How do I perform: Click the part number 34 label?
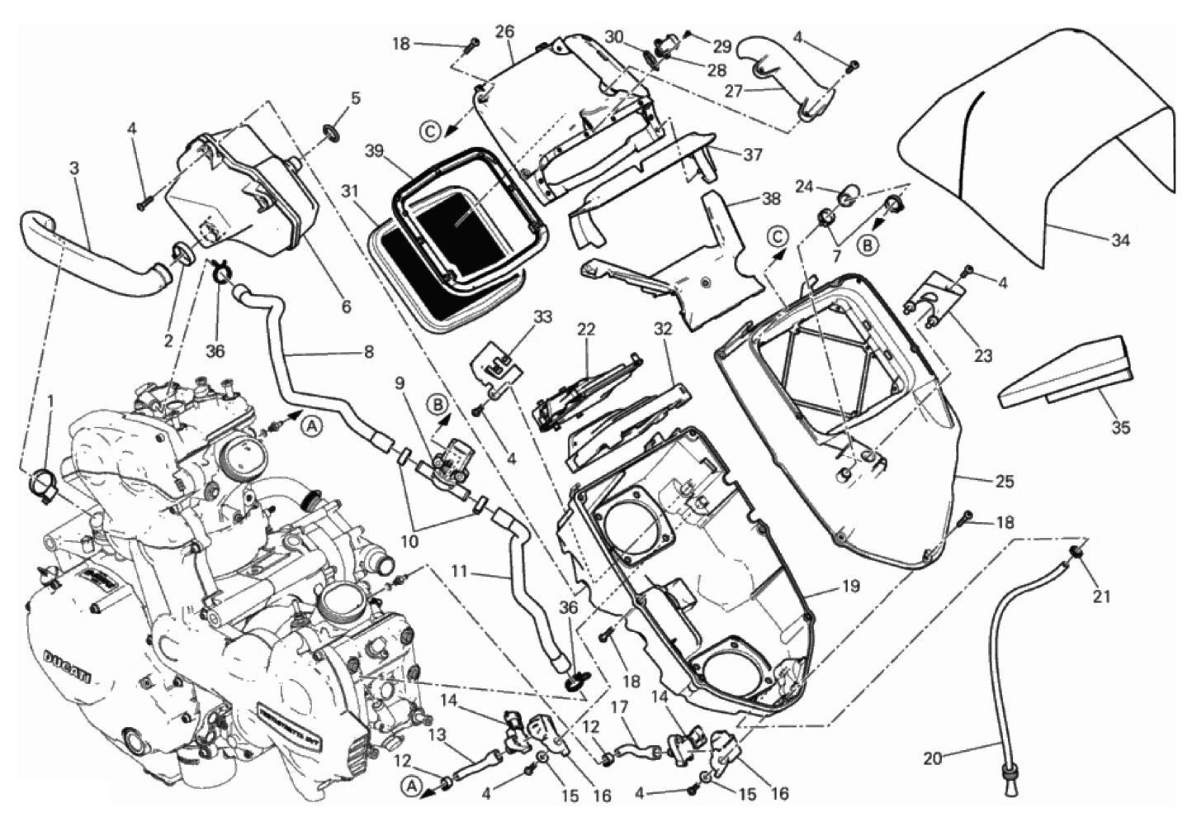[x=1119, y=241]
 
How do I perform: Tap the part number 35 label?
[x=1120, y=428]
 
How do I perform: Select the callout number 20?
[x=932, y=758]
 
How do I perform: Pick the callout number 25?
[x=1005, y=481]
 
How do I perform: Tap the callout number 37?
[x=752, y=154]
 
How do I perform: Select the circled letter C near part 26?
[x=429, y=129]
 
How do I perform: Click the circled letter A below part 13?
[x=411, y=787]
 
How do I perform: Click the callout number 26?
[x=504, y=31]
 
